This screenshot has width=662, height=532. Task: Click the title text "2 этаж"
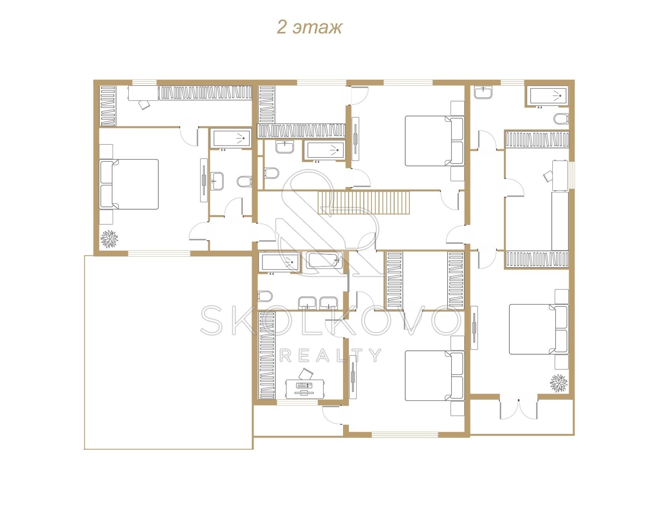coord(309,28)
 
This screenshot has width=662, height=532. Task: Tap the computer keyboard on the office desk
coord(304,385)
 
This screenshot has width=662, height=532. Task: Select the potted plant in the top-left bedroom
coord(109,238)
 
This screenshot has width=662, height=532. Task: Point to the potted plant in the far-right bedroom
coord(559,383)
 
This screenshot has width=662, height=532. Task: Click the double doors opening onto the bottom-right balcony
coord(519,408)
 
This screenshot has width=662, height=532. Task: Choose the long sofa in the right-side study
coord(560,221)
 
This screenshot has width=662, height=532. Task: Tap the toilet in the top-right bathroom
coord(561,119)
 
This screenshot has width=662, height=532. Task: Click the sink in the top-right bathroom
coord(483,93)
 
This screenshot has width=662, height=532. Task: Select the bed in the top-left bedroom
coord(129,184)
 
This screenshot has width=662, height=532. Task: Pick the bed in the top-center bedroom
coord(435,140)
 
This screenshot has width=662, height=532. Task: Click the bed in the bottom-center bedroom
coord(435,376)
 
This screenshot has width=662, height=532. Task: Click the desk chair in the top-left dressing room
coord(145,104)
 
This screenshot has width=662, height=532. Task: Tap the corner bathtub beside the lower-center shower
coord(324,261)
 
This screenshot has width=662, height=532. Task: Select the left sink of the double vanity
coord(308,303)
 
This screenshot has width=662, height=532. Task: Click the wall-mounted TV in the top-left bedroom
coord(204,180)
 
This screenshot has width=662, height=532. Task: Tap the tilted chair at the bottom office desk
coord(306,374)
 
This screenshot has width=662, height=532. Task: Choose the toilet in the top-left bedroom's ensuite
coord(244,181)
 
